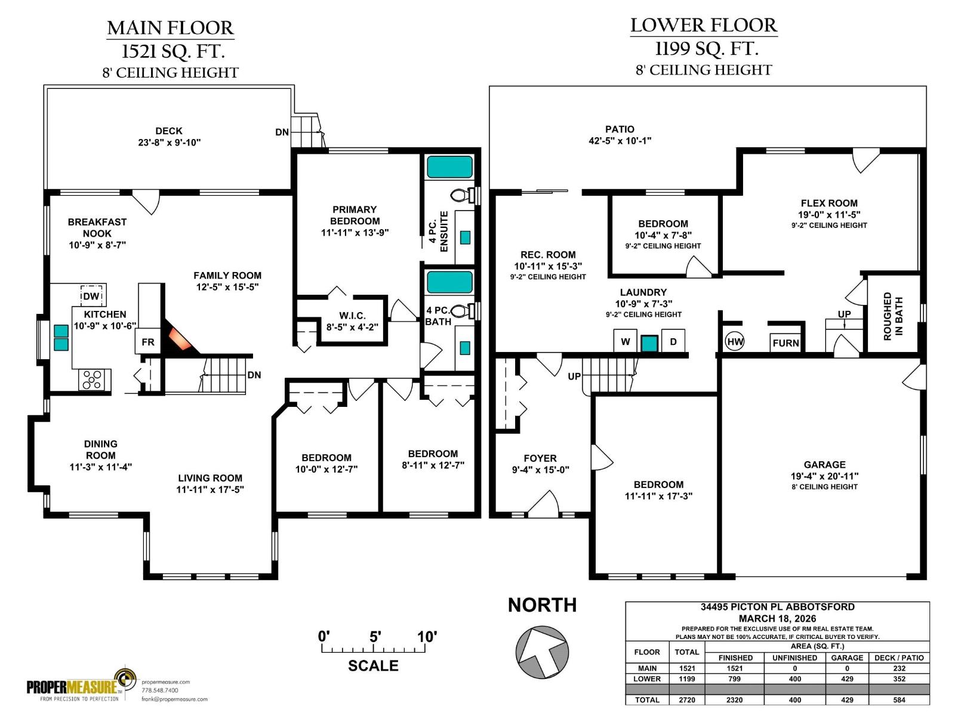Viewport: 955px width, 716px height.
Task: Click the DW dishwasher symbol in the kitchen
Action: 91,297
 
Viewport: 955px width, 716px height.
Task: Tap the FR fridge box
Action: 147,342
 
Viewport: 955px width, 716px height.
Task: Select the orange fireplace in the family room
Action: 181,340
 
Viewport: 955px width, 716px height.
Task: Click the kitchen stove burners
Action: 93,380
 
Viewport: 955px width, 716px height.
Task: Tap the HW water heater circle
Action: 735,342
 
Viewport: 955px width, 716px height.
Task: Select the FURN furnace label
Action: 785,343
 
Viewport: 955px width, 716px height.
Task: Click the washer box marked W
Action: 625,342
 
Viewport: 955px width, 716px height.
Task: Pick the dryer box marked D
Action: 673,342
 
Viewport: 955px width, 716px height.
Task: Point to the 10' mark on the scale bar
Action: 427,637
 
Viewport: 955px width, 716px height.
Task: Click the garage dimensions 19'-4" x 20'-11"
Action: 824,476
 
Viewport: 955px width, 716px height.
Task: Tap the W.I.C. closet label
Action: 352,316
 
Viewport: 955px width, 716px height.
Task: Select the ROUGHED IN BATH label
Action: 893,316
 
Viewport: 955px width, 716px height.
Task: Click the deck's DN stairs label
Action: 282,132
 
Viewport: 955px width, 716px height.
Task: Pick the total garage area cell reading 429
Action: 846,700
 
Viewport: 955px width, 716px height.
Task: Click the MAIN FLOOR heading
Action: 170,28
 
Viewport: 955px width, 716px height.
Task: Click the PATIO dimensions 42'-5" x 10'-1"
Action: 620,141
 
